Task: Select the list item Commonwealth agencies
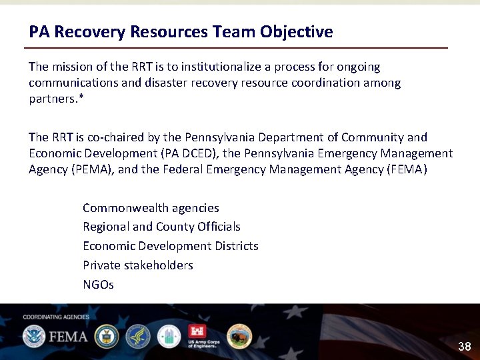click(x=151, y=208)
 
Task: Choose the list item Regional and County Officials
click(x=161, y=227)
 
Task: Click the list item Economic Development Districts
click(x=170, y=246)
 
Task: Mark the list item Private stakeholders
click(x=137, y=265)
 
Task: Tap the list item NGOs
click(x=98, y=285)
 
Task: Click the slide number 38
click(x=464, y=347)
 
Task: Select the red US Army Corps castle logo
click(x=199, y=333)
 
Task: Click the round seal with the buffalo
click(x=239, y=336)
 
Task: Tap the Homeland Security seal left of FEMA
click(x=33, y=336)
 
